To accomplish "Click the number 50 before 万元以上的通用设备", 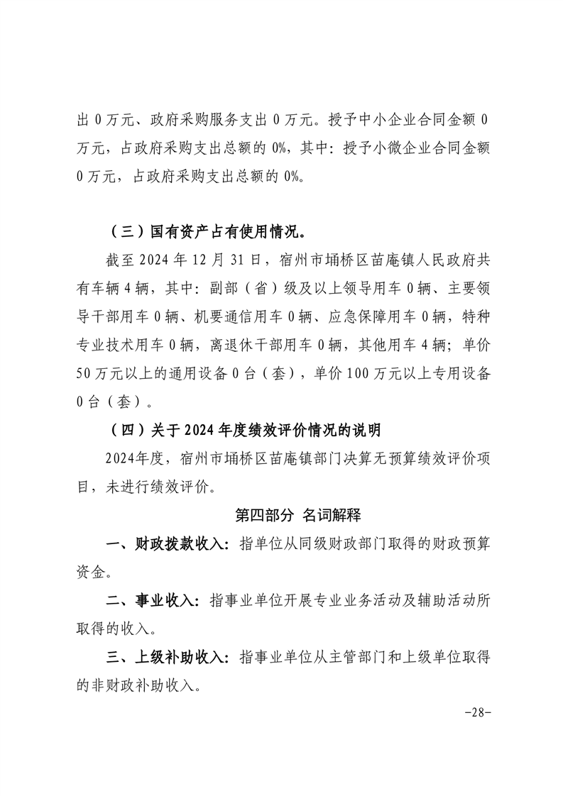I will (x=84, y=374).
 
